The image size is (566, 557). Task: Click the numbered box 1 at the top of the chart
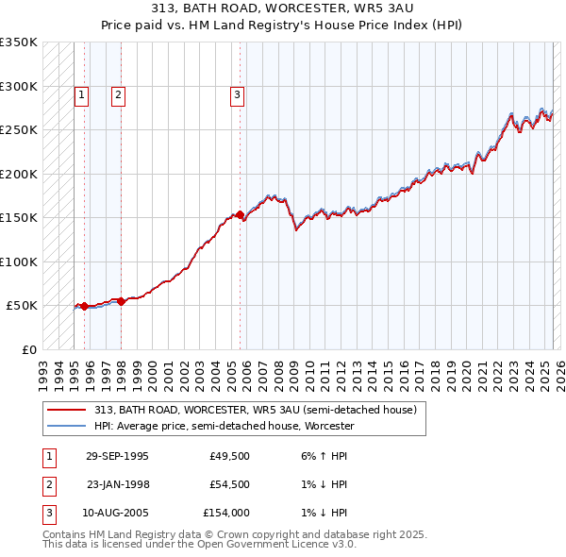coord(81,94)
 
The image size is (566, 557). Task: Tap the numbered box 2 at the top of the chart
coord(118,94)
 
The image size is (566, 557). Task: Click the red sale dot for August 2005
coord(240,214)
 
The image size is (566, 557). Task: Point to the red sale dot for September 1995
coord(84,306)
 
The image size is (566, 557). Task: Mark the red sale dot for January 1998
coord(121,301)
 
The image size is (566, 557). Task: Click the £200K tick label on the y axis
coord(19,174)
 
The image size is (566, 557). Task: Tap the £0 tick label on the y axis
coord(28,349)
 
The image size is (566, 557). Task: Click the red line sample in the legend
coord(66,410)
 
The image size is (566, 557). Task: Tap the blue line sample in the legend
coord(66,426)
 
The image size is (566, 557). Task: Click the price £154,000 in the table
coord(225,513)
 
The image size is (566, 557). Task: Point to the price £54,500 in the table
coord(227,484)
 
